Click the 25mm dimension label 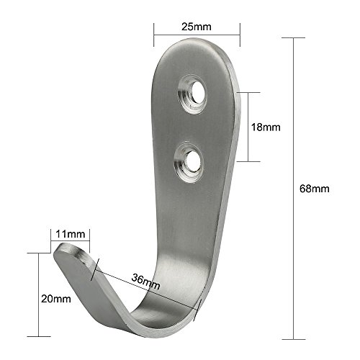point(197,27)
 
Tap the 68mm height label point(315,189)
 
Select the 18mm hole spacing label point(266,127)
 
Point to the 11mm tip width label point(71,234)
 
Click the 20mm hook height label point(56,299)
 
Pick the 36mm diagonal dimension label point(145,282)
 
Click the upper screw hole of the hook point(198,93)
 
